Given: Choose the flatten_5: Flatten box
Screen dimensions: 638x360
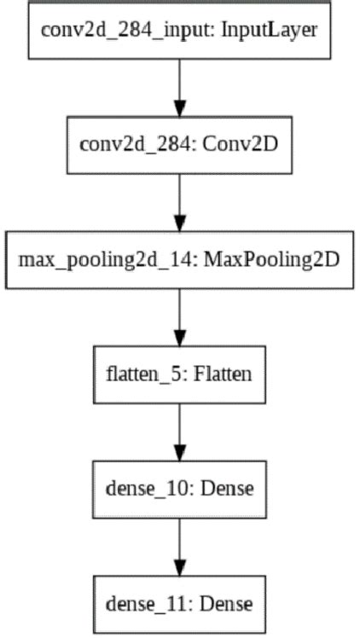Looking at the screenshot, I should [178, 373].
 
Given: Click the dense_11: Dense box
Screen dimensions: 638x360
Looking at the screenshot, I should [178, 604].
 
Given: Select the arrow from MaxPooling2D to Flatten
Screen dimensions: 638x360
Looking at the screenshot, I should [178, 315].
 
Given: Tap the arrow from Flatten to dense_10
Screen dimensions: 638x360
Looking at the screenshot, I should [178, 431].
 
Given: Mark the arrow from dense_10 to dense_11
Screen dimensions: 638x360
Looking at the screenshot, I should [178, 547].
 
